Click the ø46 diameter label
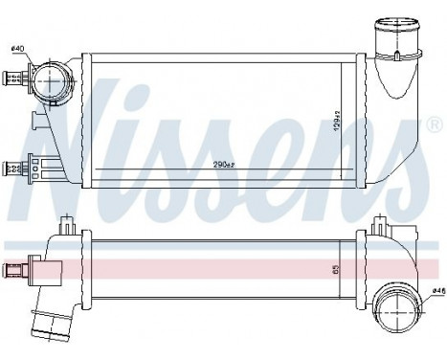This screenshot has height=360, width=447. click(x=436, y=289)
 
